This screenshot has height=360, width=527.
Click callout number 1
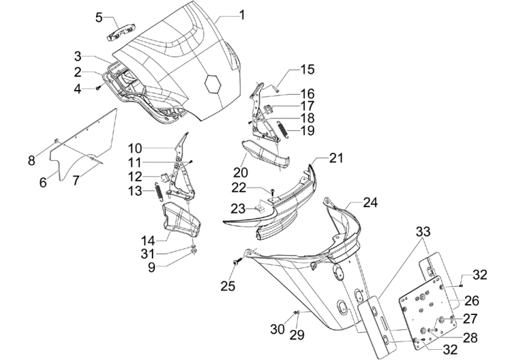coord(241,15)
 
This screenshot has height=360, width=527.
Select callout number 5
coord(99,18)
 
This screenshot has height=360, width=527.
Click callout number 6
coord(43,181)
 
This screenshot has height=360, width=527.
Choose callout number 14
coord(149,240)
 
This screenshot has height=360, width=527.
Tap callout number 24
coord(370,202)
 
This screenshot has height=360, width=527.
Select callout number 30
coord(278,329)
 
